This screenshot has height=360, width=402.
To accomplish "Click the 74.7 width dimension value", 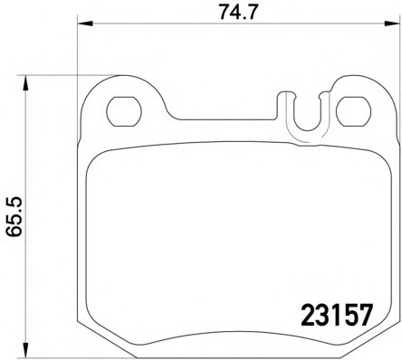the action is coord(238,13).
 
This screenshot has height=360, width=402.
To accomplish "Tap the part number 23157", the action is coord(337,315).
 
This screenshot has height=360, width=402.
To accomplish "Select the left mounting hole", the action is coord(124,111).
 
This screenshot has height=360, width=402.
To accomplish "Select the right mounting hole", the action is coord(353,111).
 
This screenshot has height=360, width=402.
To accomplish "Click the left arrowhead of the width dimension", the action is coord(85,23).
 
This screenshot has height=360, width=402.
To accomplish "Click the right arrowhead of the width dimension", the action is coord(391,23).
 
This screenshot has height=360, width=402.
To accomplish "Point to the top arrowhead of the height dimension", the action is coord(25,82).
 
